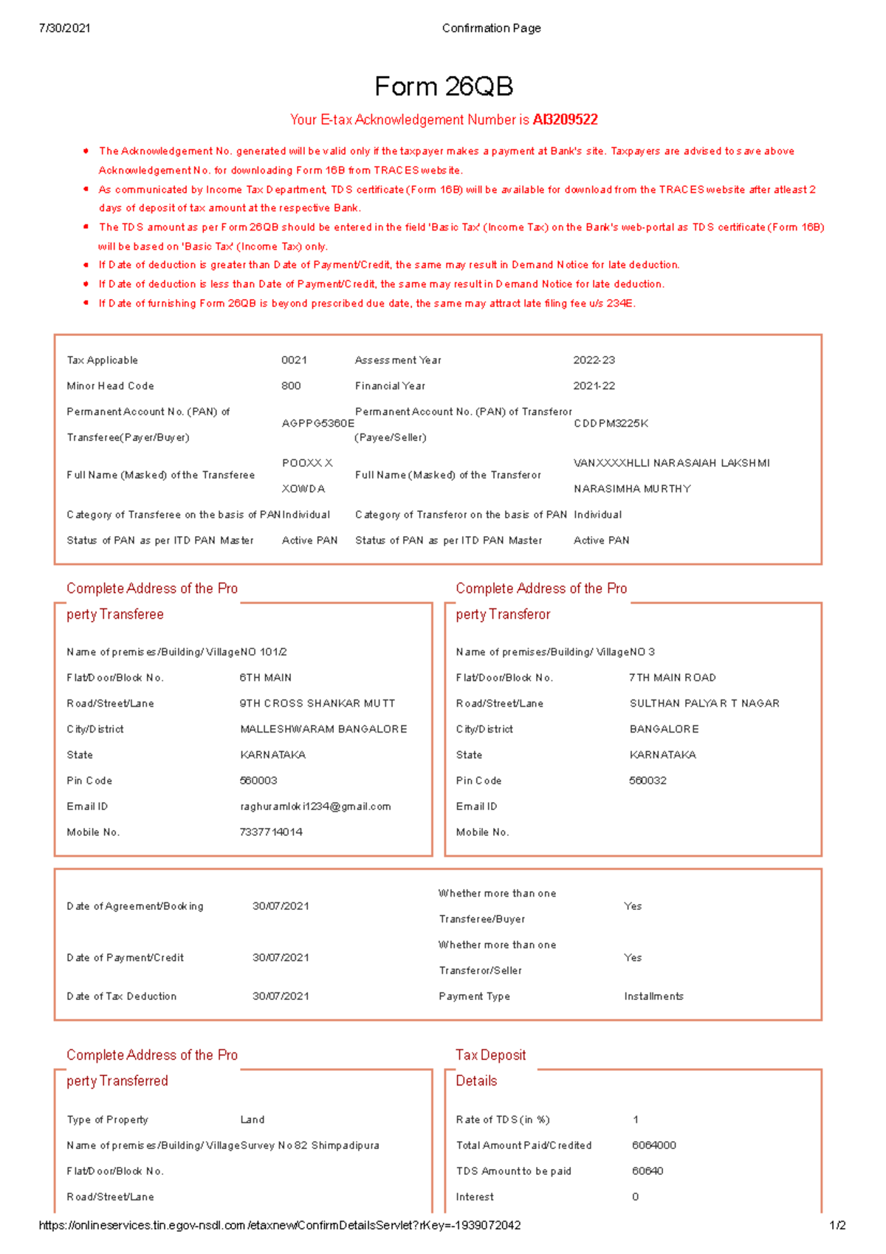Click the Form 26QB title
(x=443, y=87)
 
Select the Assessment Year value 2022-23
(x=594, y=360)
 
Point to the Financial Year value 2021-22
(x=594, y=386)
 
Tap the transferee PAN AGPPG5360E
(x=317, y=424)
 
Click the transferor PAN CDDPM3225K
(x=611, y=424)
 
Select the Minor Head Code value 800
(x=291, y=386)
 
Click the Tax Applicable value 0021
(x=294, y=360)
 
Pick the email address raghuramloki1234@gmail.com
(x=315, y=806)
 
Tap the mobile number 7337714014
(x=271, y=832)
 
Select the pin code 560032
(x=648, y=781)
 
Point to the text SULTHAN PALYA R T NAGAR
(x=704, y=704)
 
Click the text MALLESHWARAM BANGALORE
(x=323, y=730)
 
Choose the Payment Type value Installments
(x=653, y=996)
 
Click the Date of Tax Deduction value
(x=281, y=996)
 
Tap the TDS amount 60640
(x=648, y=1171)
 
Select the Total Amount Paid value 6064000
(x=653, y=1145)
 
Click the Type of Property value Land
(x=252, y=1120)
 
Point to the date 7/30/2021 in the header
(x=65, y=28)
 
